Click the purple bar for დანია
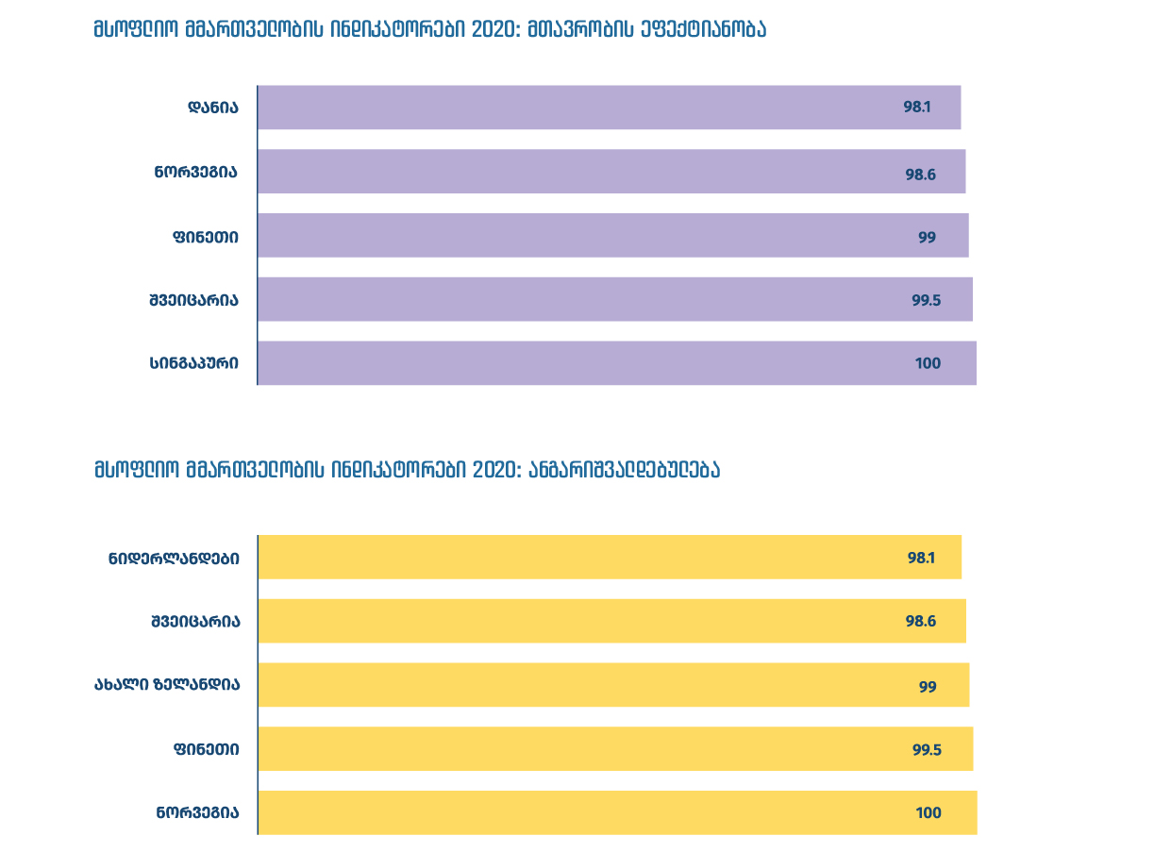click(609, 108)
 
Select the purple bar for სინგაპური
click(616, 363)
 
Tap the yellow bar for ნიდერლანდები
click(609, 558)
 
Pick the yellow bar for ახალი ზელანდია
click(612, 685)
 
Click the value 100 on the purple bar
click(928, 363)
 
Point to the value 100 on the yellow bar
click(928, 813)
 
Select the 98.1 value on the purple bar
click(916, 108)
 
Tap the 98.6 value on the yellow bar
click(920, 622)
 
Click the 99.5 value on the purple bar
click(927, 300)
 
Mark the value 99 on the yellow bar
click(928, 686)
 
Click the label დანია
click(212, 108)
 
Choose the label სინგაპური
click(193, 363)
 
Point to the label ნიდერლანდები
click(174, 559)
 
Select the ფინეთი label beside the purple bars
click(205, 237)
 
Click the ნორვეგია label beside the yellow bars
click(197, 813)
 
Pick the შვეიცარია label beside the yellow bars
click(194, 622)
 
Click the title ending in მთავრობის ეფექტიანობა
click(429, 29)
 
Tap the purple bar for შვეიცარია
click(614, 300)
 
